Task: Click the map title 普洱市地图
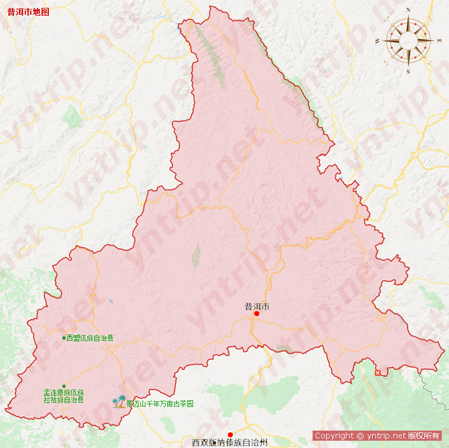(x=28, y=12)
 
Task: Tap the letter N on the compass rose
(x=409, y=10)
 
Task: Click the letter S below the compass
(x=409, y=71)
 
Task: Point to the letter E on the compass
(x=439, y=40)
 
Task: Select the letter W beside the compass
(x=378, y=40)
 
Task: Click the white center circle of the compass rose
(x=409, y=40)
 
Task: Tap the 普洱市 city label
(x=257, y=307)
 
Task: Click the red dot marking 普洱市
(x=257, y=314)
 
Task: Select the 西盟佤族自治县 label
(x=90, y=338)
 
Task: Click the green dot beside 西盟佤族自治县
(x=64, y=338)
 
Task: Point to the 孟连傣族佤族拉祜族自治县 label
(x=64, y=396)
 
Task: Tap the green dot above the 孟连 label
(x=64, y=386)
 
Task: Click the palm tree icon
(x=119, y=401)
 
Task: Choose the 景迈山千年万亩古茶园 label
(x=159, y=404)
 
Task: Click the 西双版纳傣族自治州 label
(x=230, y=442)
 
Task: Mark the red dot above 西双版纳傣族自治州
(x=230, y=435)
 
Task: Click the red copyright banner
(x=377, y=436)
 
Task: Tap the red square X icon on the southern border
(x=378, y=373)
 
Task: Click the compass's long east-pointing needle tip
(x=434, y=40)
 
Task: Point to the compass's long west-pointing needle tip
(x=383, y=40)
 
